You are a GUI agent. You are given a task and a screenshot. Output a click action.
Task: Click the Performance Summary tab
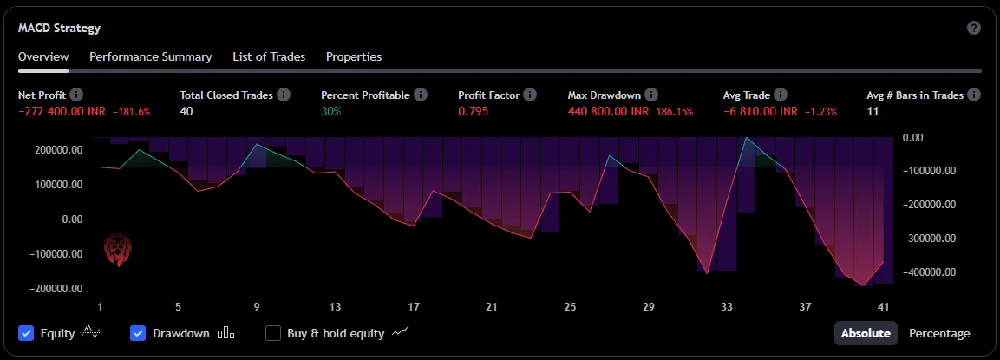coord(150,56)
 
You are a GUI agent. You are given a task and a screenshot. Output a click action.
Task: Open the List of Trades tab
coord(269,56)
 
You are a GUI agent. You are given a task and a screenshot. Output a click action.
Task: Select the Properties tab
coord(353,56)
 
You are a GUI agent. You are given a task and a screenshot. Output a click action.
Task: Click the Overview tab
coord(43,56)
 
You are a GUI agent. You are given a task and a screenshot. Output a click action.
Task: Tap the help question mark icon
coord(974,28)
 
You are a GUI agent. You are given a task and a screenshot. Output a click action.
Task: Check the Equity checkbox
coord(26,333)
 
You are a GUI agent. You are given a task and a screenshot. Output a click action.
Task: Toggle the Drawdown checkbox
coord(138,333)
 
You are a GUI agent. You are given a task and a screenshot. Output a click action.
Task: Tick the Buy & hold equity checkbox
coord(273,333)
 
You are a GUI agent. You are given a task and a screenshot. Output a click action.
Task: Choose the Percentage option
coord(939,333)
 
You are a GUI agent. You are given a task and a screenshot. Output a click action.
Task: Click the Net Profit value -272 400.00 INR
coord(59,112)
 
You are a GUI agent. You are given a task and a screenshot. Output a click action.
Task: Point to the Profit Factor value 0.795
coord(473,112)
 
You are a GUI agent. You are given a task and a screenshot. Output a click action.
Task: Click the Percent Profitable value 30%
coord(330,112)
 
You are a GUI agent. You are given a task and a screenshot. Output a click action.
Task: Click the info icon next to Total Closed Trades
coord(284,95)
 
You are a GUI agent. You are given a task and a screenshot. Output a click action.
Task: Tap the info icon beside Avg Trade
coord(781,95)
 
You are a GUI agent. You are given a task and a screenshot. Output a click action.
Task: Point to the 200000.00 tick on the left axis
coord(59,150)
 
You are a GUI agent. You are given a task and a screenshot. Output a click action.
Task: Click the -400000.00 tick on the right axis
coord(930,272)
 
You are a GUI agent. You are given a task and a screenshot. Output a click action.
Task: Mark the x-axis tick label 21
coord(492,307)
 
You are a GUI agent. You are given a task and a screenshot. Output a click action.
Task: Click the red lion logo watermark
coord(115,249)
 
